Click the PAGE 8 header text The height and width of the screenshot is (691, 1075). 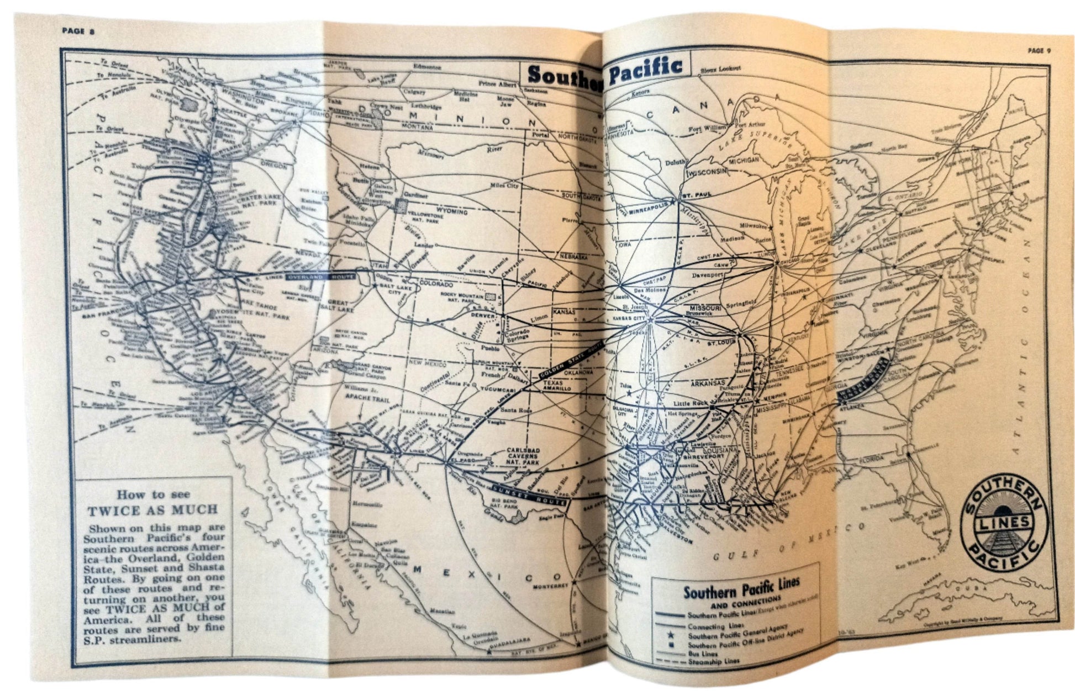[x=78, y=31]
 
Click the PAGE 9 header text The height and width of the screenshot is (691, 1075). [x=1039, y=50]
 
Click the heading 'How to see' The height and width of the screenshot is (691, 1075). [x=153, y=495]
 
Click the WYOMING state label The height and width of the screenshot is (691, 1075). [x=451, y=212]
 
